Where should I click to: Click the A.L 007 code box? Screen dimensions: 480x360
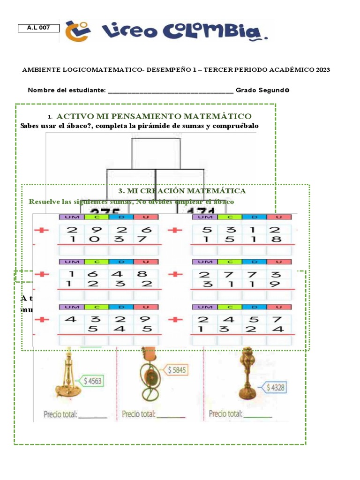pos(39,28)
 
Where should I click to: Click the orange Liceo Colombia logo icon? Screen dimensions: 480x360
pos(76,32)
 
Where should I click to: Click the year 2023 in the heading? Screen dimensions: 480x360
pos(322,70)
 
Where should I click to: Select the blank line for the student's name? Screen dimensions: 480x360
pos(171,91)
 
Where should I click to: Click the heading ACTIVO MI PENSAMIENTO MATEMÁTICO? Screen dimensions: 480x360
pos(154,116)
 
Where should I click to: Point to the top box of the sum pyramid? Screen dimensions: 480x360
pos(156,153)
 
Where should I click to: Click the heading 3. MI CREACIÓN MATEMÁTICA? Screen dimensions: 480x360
pos(182,191)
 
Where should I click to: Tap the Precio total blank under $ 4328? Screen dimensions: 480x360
pos(258,415)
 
